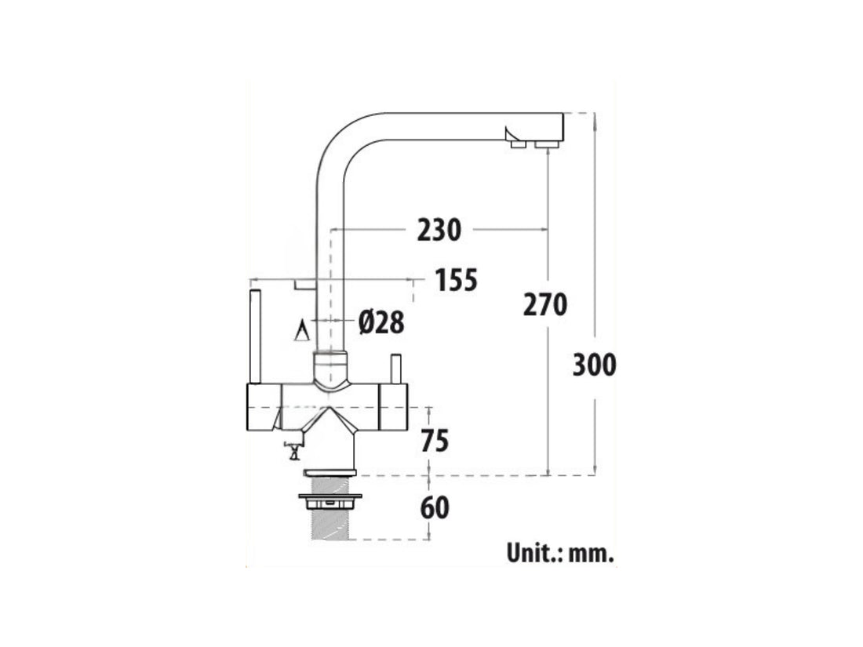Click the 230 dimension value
(x=439, y=230)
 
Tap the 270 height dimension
(x=544, y=304)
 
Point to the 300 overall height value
(x=594, y=365)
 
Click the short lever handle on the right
(x=395, y=369)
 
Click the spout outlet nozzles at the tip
(x=530, y=144)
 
